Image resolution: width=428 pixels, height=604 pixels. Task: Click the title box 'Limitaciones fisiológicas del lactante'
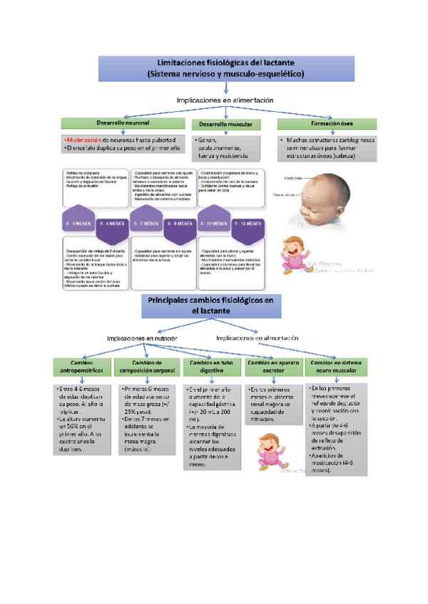225,67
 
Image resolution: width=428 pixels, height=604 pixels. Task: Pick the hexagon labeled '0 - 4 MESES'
77,223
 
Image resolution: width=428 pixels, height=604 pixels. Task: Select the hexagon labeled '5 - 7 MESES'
146,223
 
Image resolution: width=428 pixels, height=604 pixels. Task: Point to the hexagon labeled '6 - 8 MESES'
180,223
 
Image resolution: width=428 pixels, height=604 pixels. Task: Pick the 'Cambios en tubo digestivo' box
210,368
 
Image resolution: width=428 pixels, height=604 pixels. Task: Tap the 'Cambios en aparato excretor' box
272,368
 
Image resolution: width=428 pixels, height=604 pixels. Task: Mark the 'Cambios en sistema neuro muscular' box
336,368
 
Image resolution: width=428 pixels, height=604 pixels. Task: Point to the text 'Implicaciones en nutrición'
143,338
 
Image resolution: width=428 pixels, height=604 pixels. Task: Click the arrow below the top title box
225,88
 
